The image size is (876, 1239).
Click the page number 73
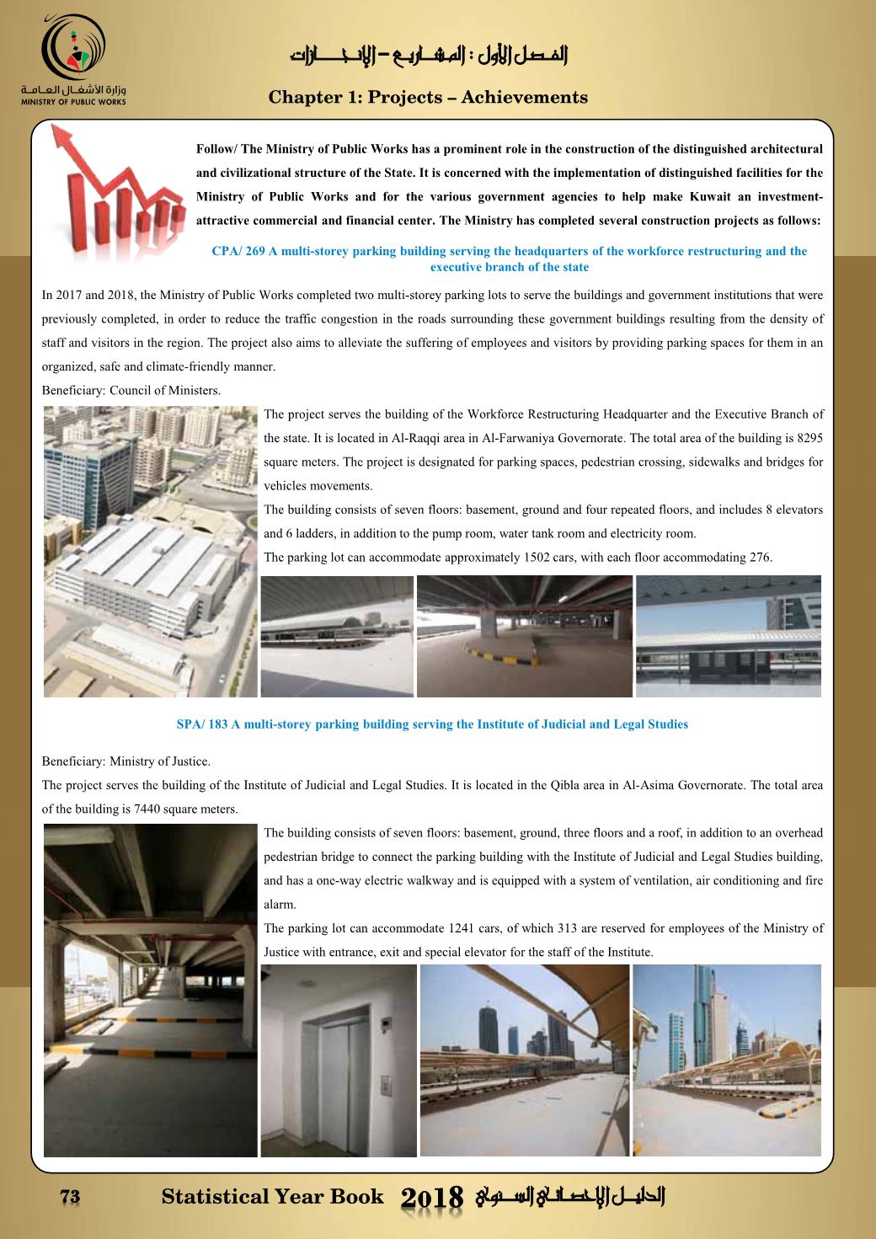pyautogui.click(x=69, y=1197)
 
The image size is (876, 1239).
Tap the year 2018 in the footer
pyautogui.click(x=434, y=1198)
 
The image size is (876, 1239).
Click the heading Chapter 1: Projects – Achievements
pyautogui.click(x=428, y=98)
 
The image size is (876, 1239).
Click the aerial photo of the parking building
pyautogui.click(x=150, y=552)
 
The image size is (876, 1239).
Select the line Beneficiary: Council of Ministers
pyautogui.click(x=131, y=391)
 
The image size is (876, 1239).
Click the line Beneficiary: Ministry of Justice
pyautogui.click(x=126, y=761)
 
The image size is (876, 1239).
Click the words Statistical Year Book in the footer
pyautogui.click(x=272, y=1197)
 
